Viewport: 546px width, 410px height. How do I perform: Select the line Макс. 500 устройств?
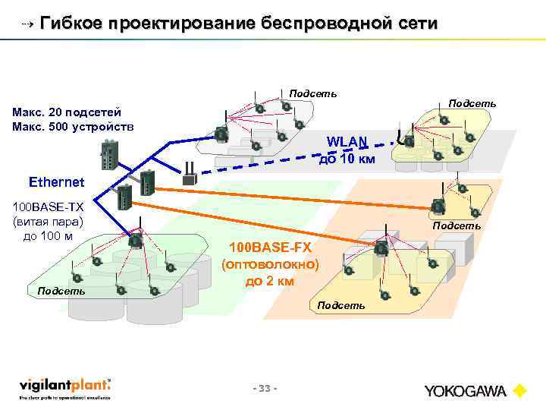pos(73,125)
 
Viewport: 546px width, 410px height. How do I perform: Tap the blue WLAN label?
pos(347,141)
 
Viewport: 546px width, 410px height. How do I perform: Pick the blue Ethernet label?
pos(57,182)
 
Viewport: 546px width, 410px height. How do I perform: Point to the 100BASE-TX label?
pos(48,207)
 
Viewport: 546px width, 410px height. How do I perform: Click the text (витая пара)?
pos(48,222)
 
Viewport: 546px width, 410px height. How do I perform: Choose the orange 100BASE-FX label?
pos(270,248)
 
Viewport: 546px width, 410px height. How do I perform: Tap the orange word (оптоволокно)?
pos(270,265)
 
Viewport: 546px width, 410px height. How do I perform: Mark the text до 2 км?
pos(270,282)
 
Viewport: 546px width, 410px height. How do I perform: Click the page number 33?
pos(265,389)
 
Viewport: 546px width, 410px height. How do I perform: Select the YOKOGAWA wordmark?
pos(466,392)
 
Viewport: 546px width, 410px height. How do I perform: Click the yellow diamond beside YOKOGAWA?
pos(519,392)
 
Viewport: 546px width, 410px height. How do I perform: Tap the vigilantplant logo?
pos(65,387)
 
